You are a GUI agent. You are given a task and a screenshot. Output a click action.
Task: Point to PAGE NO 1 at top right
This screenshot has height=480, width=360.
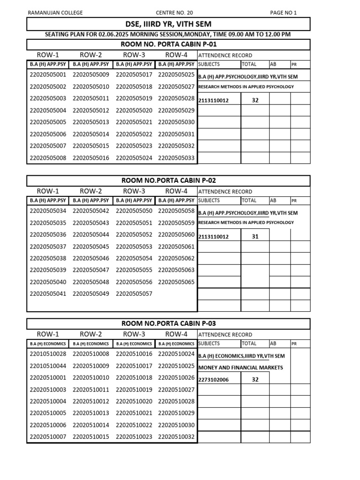tap(283, 13)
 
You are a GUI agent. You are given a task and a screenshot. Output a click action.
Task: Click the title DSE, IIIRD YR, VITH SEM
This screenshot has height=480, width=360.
tap(168, 24)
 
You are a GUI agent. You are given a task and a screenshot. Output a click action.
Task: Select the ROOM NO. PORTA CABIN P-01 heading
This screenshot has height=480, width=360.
tap(169, 45)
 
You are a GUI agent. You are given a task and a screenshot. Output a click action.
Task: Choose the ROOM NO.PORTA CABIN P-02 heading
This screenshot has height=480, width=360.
tap(169, 180)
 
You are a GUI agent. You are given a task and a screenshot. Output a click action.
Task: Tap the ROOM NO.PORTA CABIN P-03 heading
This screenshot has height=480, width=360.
tap(169, 323)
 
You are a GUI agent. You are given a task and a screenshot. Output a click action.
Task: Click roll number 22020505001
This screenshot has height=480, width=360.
tap(48, 75)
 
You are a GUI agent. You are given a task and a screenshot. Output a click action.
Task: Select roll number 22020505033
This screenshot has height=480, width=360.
tap(176, 158)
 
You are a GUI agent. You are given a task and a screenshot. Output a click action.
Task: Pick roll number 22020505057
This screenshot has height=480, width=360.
tap(134, 294)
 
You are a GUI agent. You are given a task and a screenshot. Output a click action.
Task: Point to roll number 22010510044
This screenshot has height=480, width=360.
tap(48, 366)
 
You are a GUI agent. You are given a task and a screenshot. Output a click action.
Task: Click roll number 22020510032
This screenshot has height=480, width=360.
tap(176, 437)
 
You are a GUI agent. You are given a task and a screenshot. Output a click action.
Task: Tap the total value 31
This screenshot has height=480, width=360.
tap(255, 237)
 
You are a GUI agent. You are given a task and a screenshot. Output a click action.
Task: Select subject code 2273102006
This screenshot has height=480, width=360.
tap(214, 380)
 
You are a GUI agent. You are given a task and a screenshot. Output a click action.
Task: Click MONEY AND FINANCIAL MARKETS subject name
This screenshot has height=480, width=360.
tap(240, 367)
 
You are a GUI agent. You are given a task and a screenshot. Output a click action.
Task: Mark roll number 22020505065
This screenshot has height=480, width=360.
tap(176, 282)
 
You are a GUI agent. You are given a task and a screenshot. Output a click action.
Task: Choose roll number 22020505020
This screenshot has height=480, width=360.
tap(134, 111)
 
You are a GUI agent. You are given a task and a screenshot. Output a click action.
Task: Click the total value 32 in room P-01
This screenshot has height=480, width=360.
tap(255, 100)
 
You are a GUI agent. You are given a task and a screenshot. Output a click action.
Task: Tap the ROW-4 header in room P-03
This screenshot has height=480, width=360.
tap(176, 334)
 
